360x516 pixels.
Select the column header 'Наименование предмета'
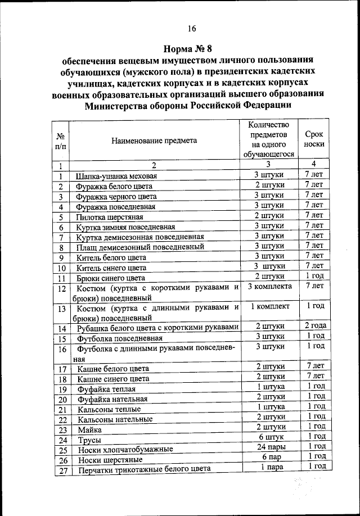click(154, 141)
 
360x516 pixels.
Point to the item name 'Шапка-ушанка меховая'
click(116, 176)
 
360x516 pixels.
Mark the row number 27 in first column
click(62, 470)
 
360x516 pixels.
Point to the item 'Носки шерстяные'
click(106, 460)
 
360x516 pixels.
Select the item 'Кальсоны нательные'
click(115, 419)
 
